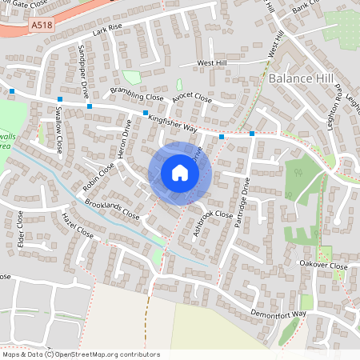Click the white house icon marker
pos(179,173)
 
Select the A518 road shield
pos(44,25)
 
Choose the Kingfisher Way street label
pos(173,122)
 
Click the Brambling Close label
pos(137,98)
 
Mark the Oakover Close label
pos(323,266)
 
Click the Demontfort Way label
pos(278,314)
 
